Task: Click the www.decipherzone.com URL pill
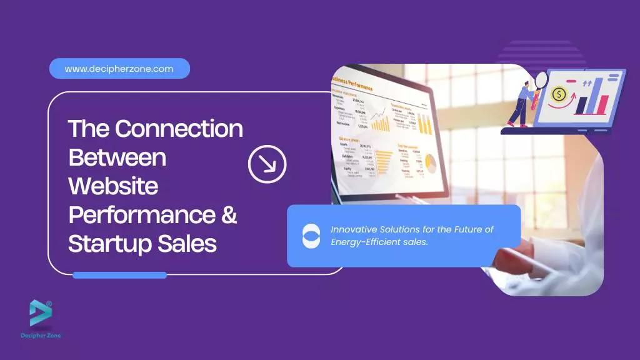click(x=119, y=69)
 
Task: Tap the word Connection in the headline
click(x=179, y=128)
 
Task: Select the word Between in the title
click(x=117, y=157)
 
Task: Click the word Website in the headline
click(x=113, y=186)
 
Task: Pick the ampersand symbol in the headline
click(x=229, y=214)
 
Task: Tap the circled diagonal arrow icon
click(x=267, y=164)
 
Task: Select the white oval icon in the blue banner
click(x=311, y=236)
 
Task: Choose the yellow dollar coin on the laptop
click(x=559, y=95)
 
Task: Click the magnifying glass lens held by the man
click(x=541, y=80)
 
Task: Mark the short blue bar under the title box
click(x=119, y=275)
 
